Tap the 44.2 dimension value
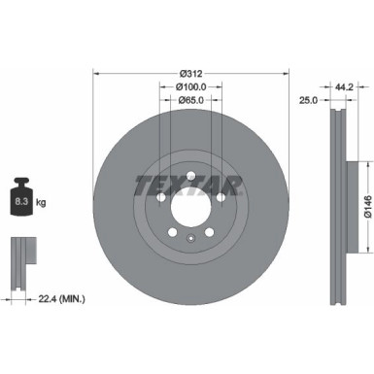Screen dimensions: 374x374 coord(342,85)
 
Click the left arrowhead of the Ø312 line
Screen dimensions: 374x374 coord(96,72)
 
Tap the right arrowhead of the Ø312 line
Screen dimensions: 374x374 coord(281,72)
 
